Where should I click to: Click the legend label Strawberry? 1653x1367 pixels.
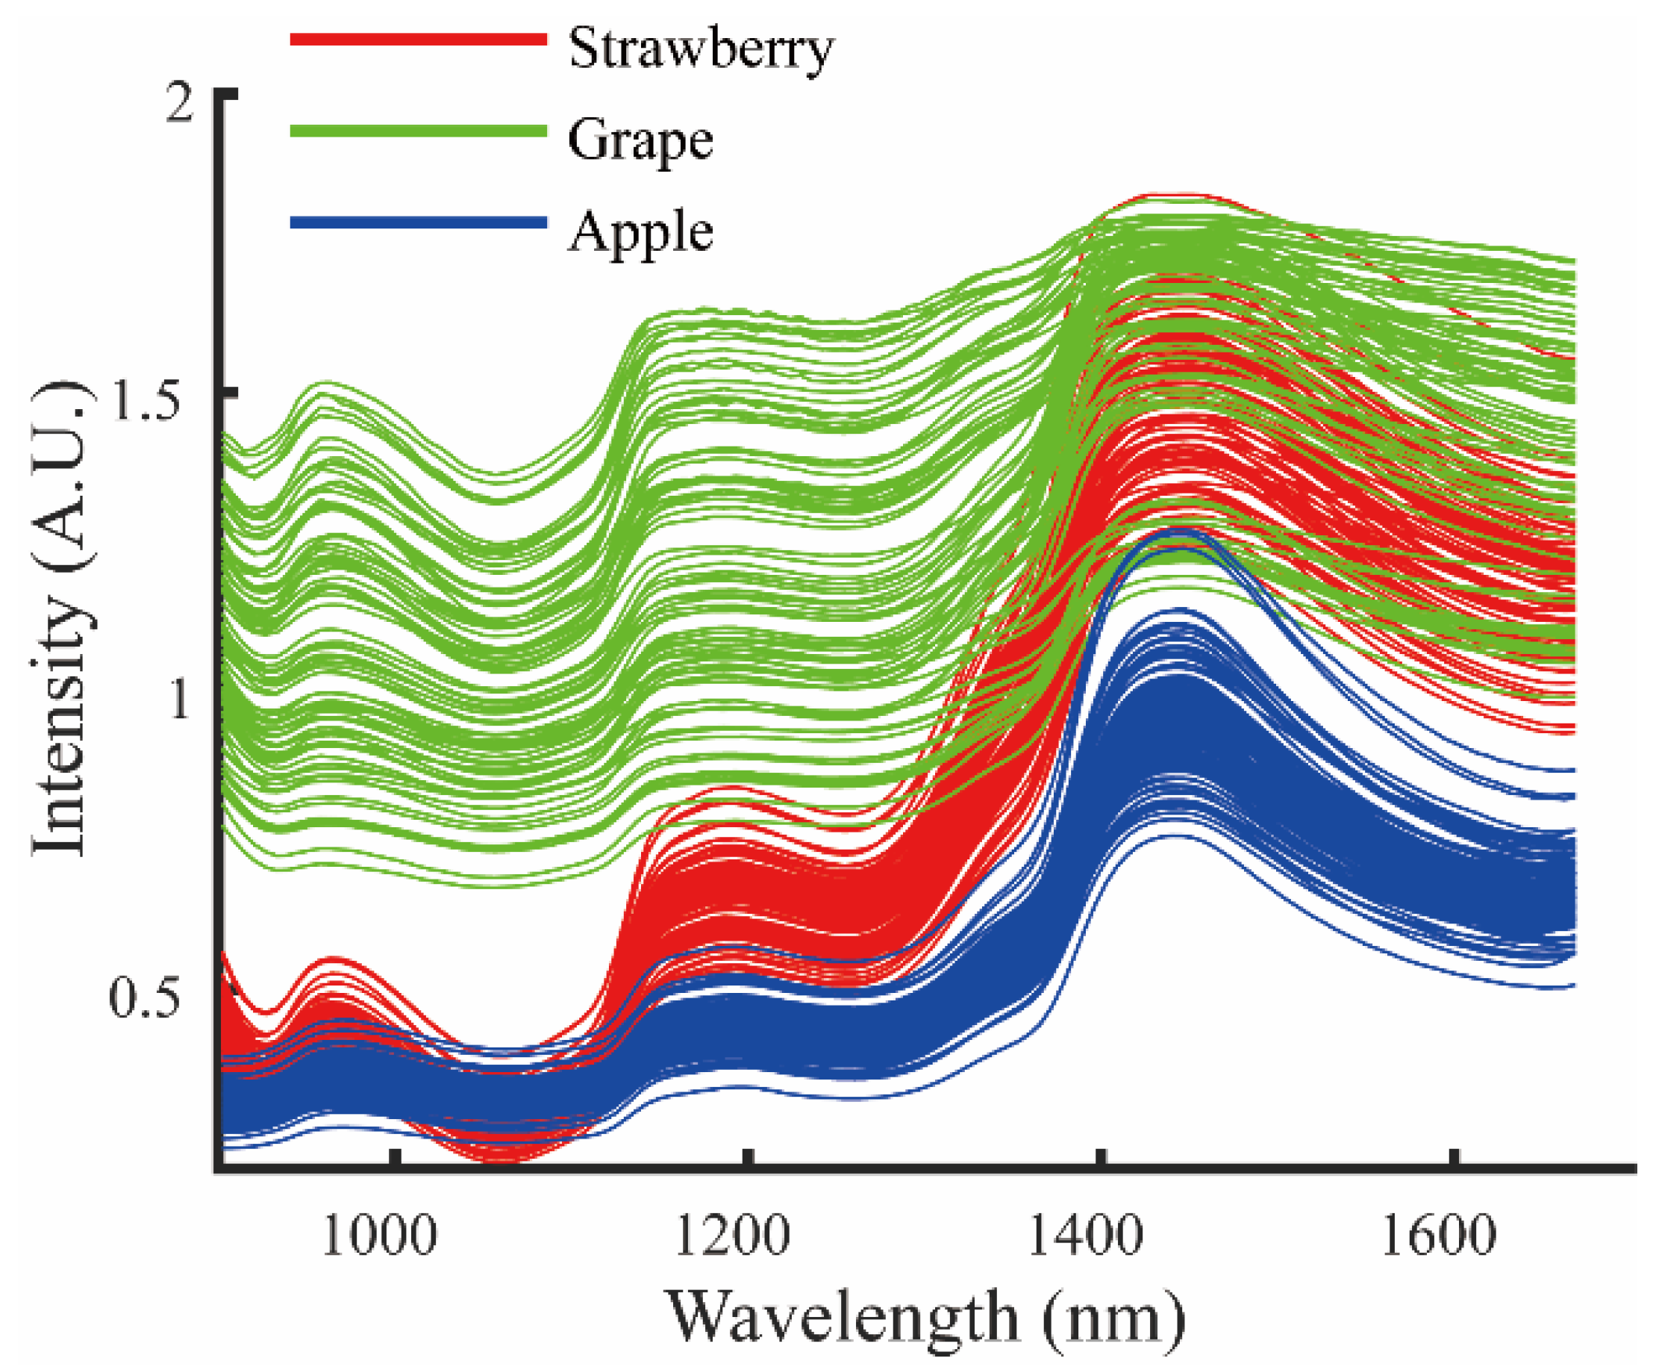coord(701,49)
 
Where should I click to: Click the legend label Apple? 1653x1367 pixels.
coord(640,232)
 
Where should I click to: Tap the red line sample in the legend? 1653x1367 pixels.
coord(418,39)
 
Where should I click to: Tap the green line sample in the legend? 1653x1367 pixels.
coord(418,131)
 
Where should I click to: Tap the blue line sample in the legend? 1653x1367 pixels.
coord(418,222)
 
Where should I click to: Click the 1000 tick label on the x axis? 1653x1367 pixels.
coord(379,1237)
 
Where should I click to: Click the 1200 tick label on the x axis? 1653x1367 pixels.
coord(732,1237)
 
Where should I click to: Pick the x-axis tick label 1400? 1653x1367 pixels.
coord(1086,1237)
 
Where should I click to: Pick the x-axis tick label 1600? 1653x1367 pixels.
coord(1438,1237)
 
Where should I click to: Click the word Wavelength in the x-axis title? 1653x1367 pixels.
coord(843,1318)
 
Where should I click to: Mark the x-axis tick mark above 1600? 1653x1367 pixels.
coord(1454,1160)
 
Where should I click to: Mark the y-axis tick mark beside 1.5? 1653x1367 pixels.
coord(228,391)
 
